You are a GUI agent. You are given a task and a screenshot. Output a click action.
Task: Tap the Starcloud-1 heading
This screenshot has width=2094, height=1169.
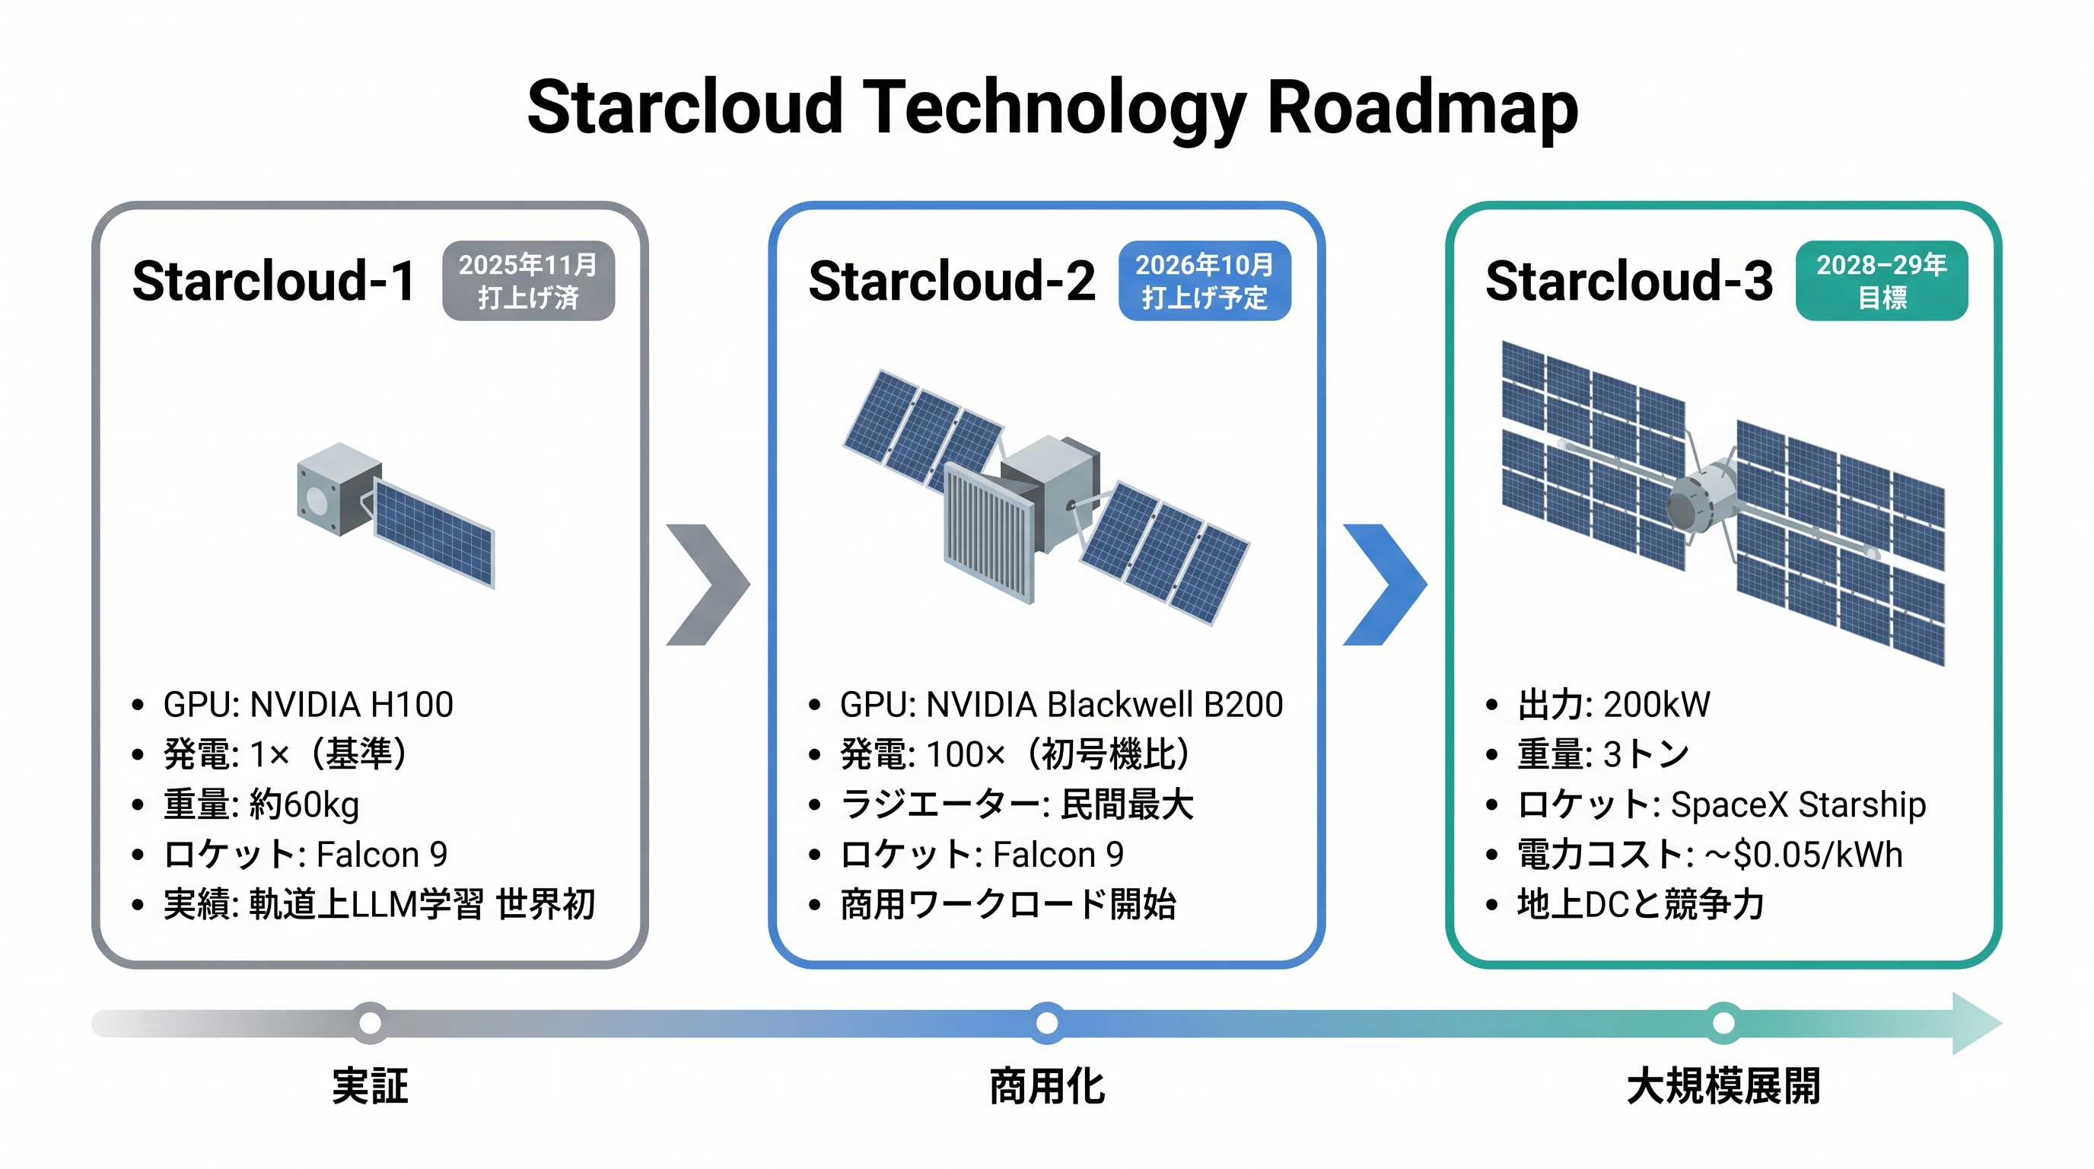pyautogui.click(x=274, y=282)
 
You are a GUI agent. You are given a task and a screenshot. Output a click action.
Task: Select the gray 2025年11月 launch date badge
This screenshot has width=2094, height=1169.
pyautogui.click(x=528, y=281)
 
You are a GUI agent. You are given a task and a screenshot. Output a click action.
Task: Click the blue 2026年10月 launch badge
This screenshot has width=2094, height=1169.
pyautogui.click(x=1205, y=281)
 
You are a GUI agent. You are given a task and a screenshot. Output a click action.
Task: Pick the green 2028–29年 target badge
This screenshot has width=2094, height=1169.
pyautogui.click(x=1881, y=281)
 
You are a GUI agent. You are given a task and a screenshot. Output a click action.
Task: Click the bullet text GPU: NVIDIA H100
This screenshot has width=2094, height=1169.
pyautogui.click(x=308, y=705)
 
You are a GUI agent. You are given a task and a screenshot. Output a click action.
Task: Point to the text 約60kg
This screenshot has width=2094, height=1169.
pyautogui.click(x=304, y=804)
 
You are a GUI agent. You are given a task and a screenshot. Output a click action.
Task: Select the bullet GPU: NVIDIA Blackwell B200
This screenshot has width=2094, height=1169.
pyautogui.click(x=1061, y=705)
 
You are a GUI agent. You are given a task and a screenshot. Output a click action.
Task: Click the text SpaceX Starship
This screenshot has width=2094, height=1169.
pyautogui.click(x=1798, y=804)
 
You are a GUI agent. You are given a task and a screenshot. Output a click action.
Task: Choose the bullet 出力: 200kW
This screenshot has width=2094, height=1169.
pyautogui.click(x=1613, y=705)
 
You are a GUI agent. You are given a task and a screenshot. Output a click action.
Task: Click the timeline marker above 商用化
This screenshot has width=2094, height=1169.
pyautogui.click(x=1047, y=1023)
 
